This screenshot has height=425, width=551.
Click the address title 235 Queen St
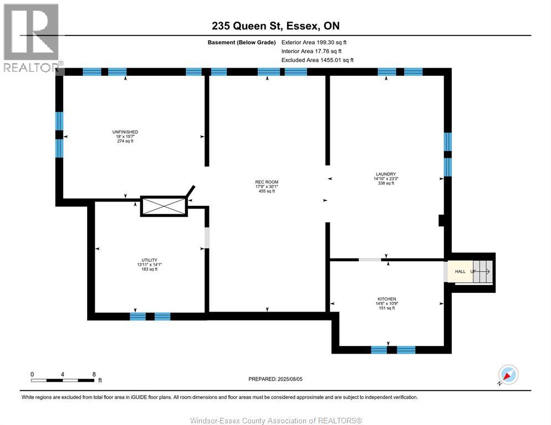(x=275, y=25)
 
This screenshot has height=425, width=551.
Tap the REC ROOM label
(x=266, y=182)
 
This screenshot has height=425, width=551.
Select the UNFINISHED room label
(x=124, y=132)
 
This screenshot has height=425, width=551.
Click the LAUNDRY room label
(x=384, y=174)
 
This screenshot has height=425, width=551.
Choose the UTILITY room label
(x=149, y=260)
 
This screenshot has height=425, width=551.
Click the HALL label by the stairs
(x=460, y=272)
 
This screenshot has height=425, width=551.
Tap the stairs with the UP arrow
(x=481, y=272)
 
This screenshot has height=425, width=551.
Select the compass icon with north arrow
(x=508, y=375)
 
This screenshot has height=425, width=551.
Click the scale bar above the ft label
(x=62, y=380)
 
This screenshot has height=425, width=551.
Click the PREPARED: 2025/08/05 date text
(x=275, y=379)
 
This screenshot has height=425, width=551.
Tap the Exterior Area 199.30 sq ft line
(x=314, y=42)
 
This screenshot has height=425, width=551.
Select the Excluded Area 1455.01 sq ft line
(x=317, y=60)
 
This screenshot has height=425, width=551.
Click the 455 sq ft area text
(x=267, y=191)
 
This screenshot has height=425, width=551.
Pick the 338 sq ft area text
(x=385, y=183)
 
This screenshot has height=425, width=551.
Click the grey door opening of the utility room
(x=207, y=238)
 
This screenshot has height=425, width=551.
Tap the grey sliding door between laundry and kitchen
(x=369, y=259)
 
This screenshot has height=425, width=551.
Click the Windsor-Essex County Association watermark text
(x=275, y=421)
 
